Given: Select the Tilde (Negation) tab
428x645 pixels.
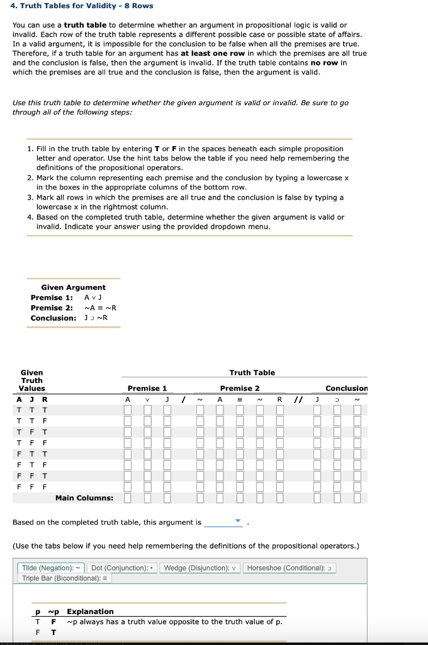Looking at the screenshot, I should pos(51,568).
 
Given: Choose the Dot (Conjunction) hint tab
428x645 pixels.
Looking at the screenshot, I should pos(123,568).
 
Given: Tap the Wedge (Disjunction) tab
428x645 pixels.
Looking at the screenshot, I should pos(200,568).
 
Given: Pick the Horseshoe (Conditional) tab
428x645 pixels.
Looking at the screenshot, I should pos(289,568).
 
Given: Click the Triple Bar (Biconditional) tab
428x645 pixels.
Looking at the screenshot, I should pos(65,578).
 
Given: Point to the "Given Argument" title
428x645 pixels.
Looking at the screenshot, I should pos(73,287).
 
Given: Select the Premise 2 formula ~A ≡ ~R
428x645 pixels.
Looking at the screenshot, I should pos(100,307).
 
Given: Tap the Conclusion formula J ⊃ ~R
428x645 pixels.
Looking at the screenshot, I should pos(96,317).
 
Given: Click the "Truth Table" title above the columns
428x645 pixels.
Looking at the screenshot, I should pos(252,372).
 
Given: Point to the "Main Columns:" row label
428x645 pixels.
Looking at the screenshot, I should pos(84,498).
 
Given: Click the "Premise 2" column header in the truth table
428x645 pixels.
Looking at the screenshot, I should pos(239,388).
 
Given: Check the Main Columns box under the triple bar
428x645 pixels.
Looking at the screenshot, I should pos(240,499).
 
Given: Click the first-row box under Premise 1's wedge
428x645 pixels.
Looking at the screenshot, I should pos(147,410).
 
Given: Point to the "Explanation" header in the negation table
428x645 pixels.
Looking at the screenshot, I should pos(90,611).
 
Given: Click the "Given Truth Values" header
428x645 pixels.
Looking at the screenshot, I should pos(31,380).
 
